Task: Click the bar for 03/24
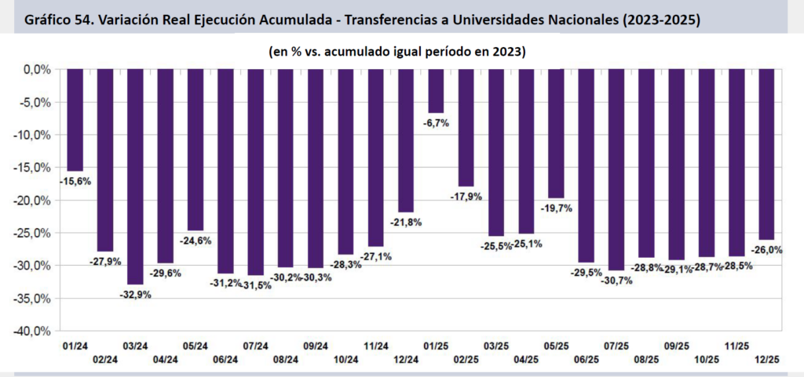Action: tap(135, 176)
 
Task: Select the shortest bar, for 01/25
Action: tap(436, 91)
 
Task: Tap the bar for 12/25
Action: tap(767, 154)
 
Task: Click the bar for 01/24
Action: tap(75, 120)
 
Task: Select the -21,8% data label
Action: tap(406, 222)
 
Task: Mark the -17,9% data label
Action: tap(466, 197)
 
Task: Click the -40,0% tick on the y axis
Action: tap(34, 332)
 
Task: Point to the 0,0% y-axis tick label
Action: tap(37, 70)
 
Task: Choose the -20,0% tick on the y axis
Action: tap(34, 201)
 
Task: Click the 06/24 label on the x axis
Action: tap(225, 360)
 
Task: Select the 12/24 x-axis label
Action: tap(406, 360)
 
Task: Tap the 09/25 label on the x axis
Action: tap(677, 346)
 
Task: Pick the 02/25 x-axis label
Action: tap(466, 360)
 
